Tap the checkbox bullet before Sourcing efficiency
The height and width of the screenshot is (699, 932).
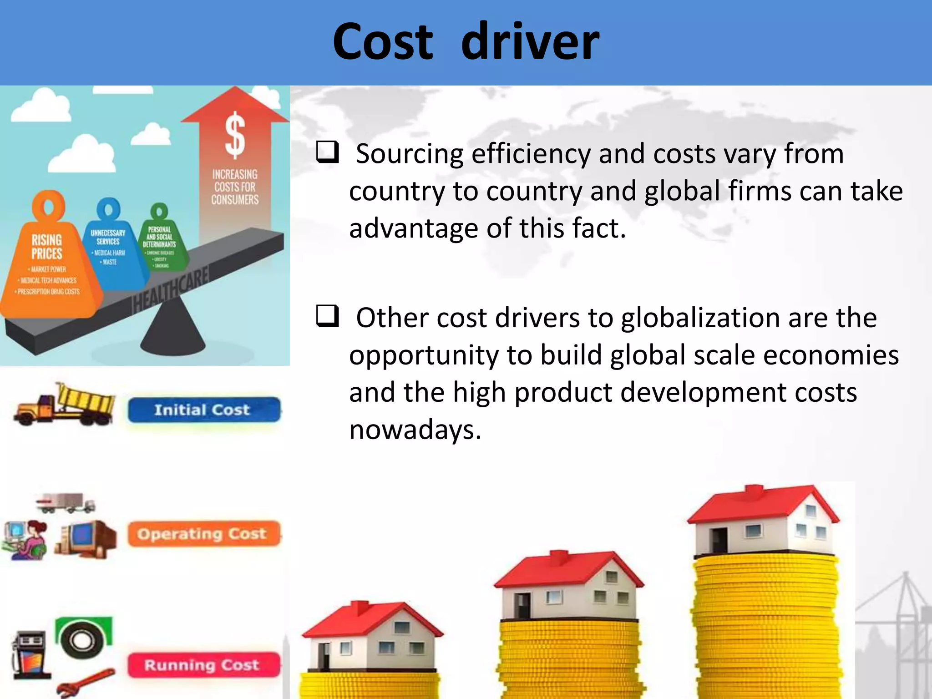pos(328,152)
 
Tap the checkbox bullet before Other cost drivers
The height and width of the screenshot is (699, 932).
pos(328,316)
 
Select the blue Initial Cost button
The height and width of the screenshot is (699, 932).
pos(203,410)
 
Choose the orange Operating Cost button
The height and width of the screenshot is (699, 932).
pos(203,533)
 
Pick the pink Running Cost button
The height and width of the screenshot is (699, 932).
pos(203,665)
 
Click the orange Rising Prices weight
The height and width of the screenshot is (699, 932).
pos(48,264)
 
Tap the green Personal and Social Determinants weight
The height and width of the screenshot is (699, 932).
pos(160,241)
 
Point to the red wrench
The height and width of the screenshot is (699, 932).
pos(86,683)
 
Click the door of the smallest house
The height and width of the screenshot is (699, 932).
pos(324,655)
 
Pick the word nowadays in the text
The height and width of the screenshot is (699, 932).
pos(415,430)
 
